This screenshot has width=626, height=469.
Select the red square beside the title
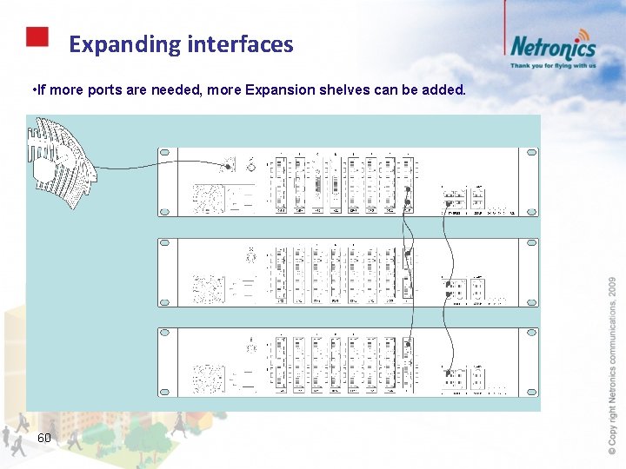click(37, 36)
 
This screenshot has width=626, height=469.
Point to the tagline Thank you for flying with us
click(553, 65)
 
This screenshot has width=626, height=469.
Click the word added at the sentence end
click(447, 89)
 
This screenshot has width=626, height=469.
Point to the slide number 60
click(44, 438)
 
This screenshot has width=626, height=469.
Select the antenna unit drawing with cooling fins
click(61, 165)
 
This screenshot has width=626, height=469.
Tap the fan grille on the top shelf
click(209, 199)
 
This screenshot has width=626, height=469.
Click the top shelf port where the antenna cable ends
click(230, 164)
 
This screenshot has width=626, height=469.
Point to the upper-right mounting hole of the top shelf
click(529, 154)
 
